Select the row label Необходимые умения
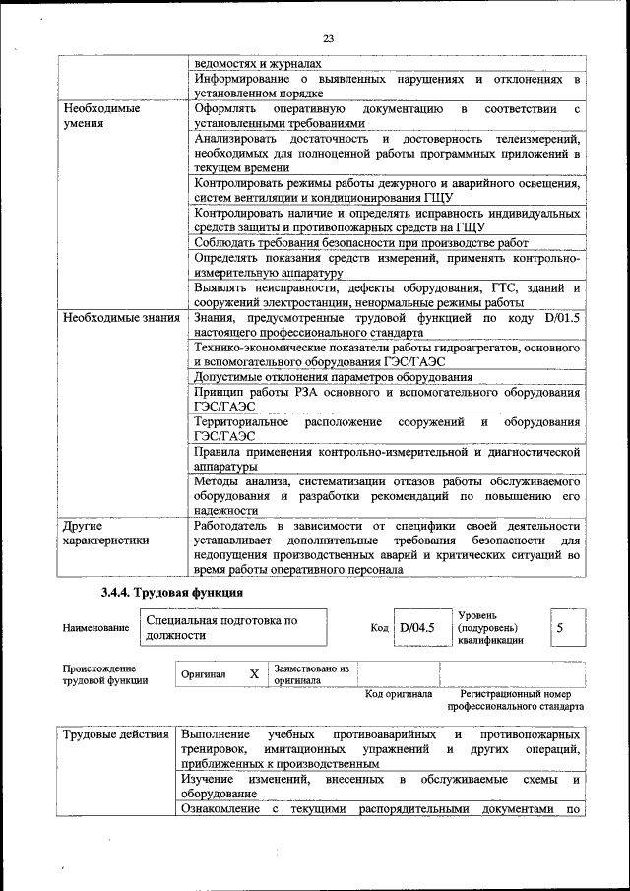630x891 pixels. coord(100,116)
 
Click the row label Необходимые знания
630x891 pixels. coord(121,318)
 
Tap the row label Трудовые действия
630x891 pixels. coord(116,735)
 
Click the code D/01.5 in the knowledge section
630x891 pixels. coord(563,318)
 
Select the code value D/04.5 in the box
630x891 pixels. coord(417,627)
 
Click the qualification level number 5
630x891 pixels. coord(560,627)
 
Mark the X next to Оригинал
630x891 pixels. coord(254,674)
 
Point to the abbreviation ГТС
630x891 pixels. coord(502,287)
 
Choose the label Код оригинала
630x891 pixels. coord(398,694)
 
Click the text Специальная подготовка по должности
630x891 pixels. coord(221,628)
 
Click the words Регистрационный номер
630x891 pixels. coord(515,694)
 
